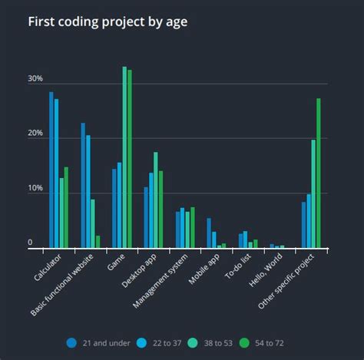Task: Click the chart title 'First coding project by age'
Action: [x=108, y=21]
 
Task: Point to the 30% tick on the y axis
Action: [x=35, y=79]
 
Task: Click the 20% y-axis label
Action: [x=35, y=134]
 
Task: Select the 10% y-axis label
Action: [x=35, y=189]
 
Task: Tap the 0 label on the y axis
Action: [x=31, y=243]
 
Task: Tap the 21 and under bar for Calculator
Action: [x=51, y=170]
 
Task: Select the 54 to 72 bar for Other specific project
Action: [x=319, y=173]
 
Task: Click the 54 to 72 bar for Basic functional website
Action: [x=98, y=241]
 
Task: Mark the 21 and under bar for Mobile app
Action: [x=209, y=233]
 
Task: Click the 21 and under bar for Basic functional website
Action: [x=83, y=185]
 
